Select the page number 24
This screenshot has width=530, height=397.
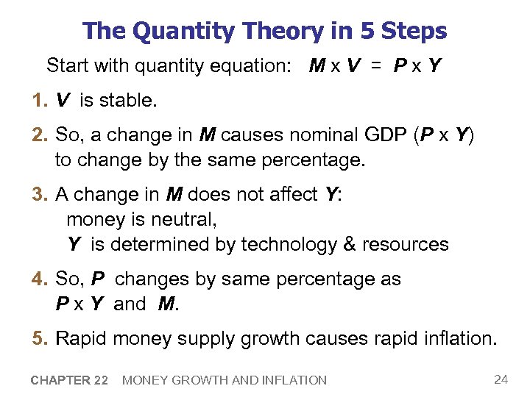coord(501,379)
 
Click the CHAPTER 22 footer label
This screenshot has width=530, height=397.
coord(70,380)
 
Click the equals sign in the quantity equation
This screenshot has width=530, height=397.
coord(376,66)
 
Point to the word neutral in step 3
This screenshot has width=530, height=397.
coord(187,219)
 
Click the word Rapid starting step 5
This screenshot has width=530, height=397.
coord(81,339)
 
